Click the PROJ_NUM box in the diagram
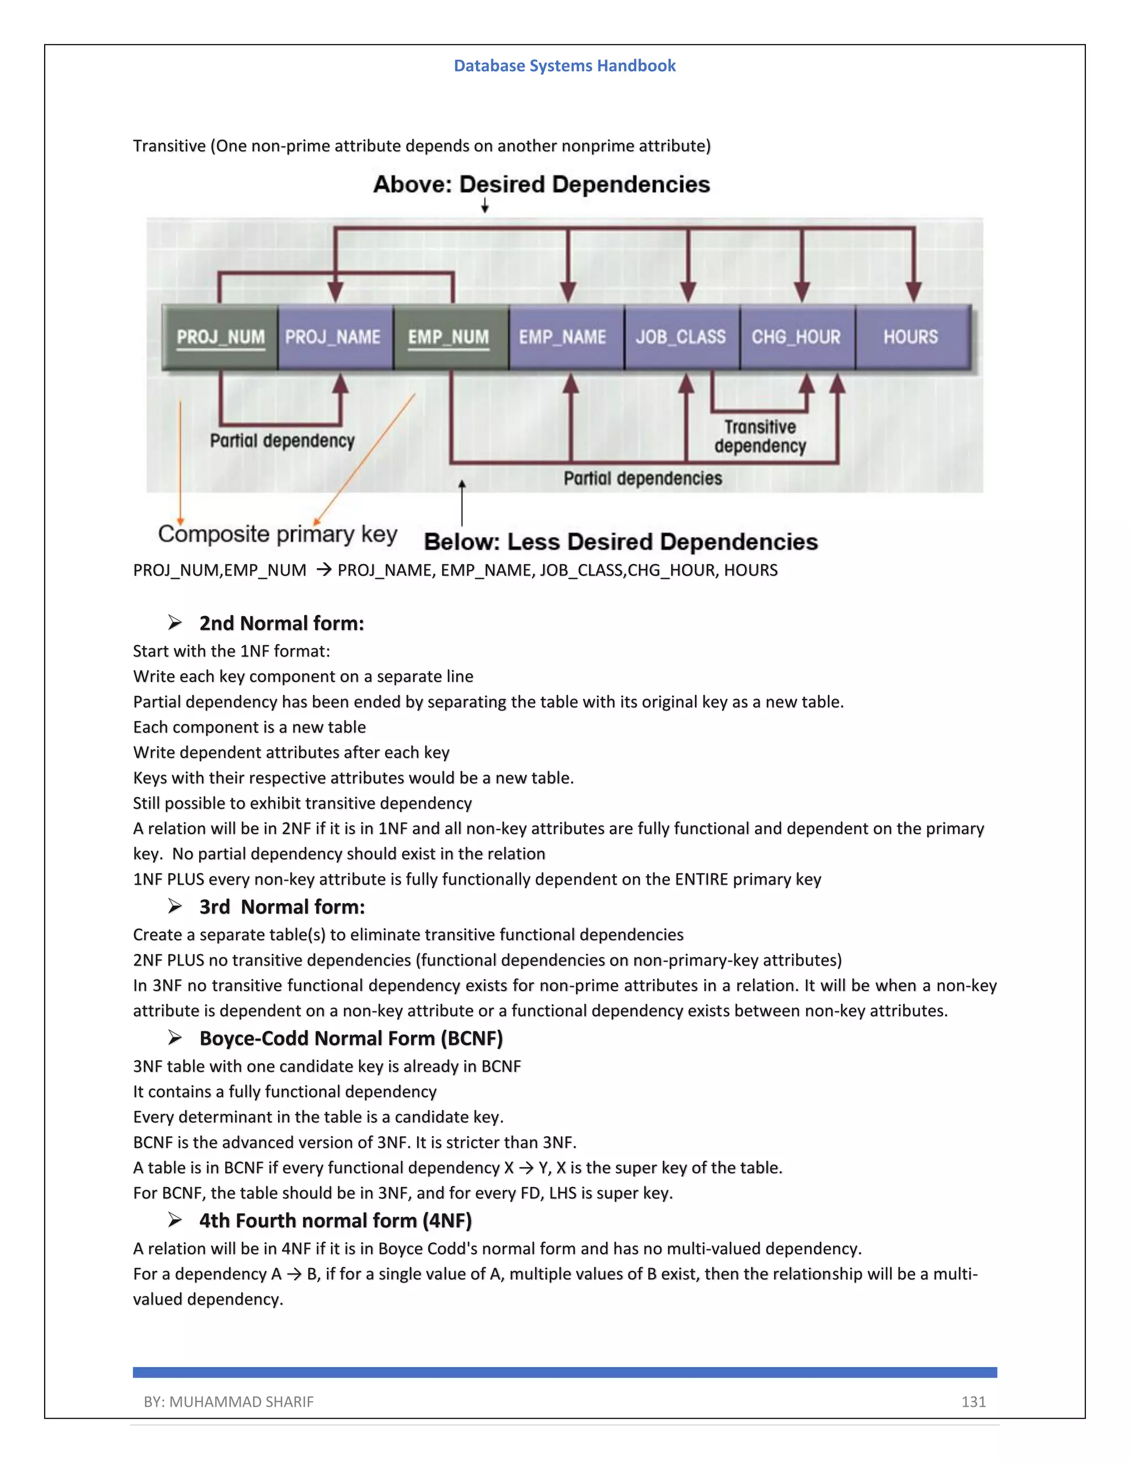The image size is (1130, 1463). pyautogui.click(x=220, y=337)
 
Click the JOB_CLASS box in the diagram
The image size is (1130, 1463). pyautogui.click(x=681, y=337)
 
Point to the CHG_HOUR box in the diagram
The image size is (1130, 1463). pyautogui.click(x=797, y=337)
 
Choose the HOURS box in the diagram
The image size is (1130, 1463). pyautogui.click(x=912, y=337)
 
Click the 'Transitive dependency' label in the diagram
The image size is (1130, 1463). pyautogui.click(x=760, y=437)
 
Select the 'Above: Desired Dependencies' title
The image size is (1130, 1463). pyautogui.click(x=542, y=184)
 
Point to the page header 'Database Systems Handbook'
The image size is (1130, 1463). pyautogui.click(x=564, y=66)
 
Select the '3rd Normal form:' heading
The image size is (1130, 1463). pyautogui.click(x=282, y=907)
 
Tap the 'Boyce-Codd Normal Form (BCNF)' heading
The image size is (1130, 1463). pyautogui.click(x=351, y=1038)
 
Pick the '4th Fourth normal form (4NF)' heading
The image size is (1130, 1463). pyautogui.click(x=335, y=1221)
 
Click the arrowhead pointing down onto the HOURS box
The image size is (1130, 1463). pyautogui.click(x=914, y=292)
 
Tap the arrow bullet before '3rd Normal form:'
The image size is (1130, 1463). pyautogui.click(x=175, y=907)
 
